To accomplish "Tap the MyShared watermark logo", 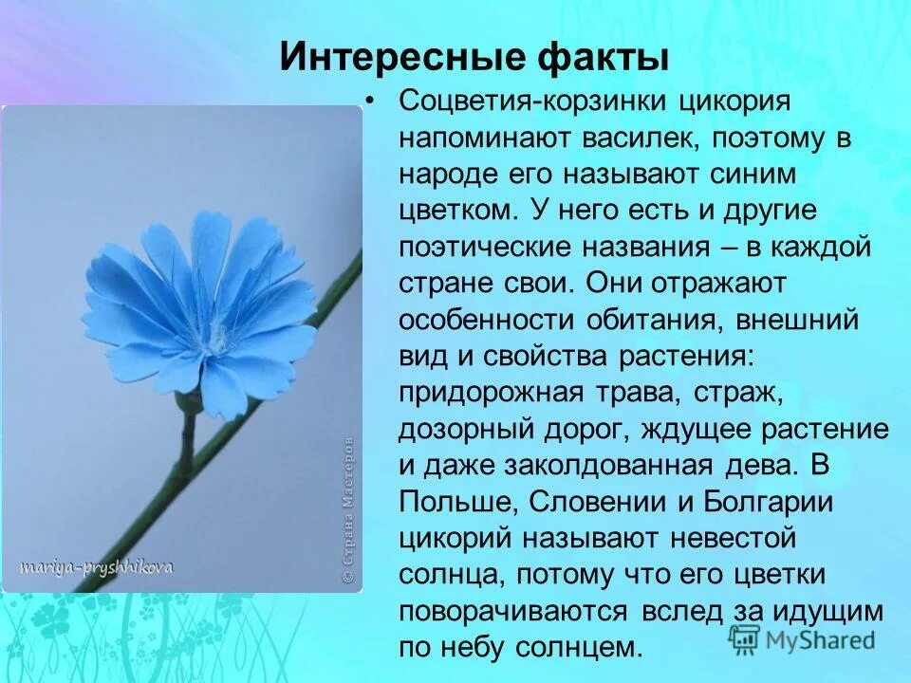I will [x=802, y=638].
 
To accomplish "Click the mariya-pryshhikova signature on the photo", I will [x=96, y=566].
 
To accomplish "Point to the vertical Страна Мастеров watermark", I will [x=348, y=508].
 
